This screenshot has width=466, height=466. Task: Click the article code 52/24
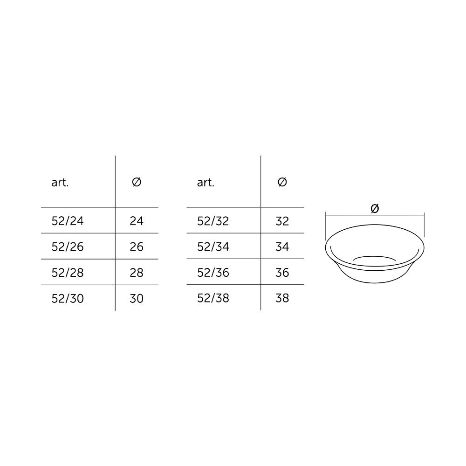pyautogui.click(x=68, y=221)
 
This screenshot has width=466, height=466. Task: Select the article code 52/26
pyautogui.click(x=68, y=247)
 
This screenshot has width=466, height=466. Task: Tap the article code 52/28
pyautogui.click(x=68, y=273)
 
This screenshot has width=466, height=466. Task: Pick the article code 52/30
pyautogui.click(x=68, y=298)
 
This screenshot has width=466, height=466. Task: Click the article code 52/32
pyautogui.click(x=213, y=221)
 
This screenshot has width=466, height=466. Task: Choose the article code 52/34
pyautogui.click(x=213, y=247)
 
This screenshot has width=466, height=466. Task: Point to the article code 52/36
pyautogui.click(x=213, y=273)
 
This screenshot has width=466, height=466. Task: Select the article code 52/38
pyautogui.click(x=213, y=298)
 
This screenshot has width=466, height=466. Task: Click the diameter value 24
pyautogui.click(x=137, y=221)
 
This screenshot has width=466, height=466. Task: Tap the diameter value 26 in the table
pyautogui.click(x=137, y=247)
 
